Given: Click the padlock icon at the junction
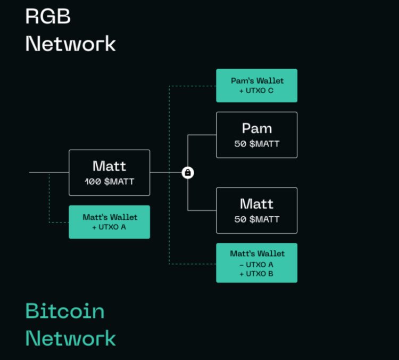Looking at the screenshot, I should pos(188,173).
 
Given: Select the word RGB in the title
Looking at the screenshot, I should pos(48,17).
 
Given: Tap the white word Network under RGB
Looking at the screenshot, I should pos(70,44).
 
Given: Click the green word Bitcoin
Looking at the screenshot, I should pos(65,311).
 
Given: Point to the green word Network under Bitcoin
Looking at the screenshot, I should pos(70,338).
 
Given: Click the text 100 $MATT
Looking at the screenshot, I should pos(110,182).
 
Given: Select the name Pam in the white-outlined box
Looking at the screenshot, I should pos(256,128).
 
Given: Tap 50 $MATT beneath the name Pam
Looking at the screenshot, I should pos(256,144).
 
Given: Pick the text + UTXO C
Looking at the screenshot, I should pos(257,91).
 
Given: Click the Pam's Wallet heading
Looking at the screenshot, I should pos(257,81).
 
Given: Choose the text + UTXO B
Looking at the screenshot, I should pos(257,274).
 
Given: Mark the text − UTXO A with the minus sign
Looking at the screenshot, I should pos(257,264).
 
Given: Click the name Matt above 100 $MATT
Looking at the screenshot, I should pos(110,166).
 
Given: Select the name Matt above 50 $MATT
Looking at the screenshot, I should pos(256,204).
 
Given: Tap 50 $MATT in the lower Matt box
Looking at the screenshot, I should pos(256,219).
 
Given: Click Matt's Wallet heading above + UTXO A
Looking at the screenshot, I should pos(110,217).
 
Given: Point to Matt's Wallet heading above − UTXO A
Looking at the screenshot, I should pos(257,254).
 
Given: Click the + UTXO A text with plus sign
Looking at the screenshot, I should pos(110,227).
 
